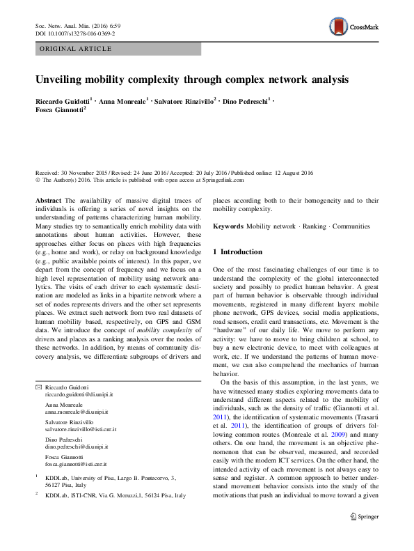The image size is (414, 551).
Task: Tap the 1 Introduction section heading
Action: point(238,251)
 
